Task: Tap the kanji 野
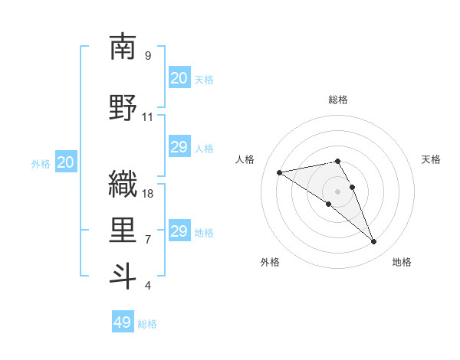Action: pyautogui.click(x=123, y=107)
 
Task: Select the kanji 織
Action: pyautogui.click(x=123, y=184)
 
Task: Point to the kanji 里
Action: pyautogui.click(x=123, y=229)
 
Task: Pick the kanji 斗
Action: pyautogui.click(x=123, y=276)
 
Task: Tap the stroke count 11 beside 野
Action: pyautogui.click(x=148, y=117)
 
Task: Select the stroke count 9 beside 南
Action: pyautogui.click(x=148, y=56)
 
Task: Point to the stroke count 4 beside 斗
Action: pyautogui.click(x=148, y=286)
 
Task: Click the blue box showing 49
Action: pyautogui.click(x=123, y=322)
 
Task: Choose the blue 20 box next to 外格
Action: pyautogui.click(x=65, y=162)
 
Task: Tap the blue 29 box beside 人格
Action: pyautogui.click(x=179, y=148)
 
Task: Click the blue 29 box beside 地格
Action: pyautogui.click(x=179, y=231)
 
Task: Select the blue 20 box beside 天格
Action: pyautogui.click(x=179, y=78)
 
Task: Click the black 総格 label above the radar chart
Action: pyautogui.click(x=338, y=100)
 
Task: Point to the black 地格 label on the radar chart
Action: pyautogui.click(x=402, y=262)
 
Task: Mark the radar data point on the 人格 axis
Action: pyautogui.click(x=280, y=172)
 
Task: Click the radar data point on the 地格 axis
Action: pyautogui.click(x=374, y=242)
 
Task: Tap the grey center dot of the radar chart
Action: pyautogui.click(x=338, y=191)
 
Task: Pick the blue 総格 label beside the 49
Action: pyautogui.click(x=147, y=324)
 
